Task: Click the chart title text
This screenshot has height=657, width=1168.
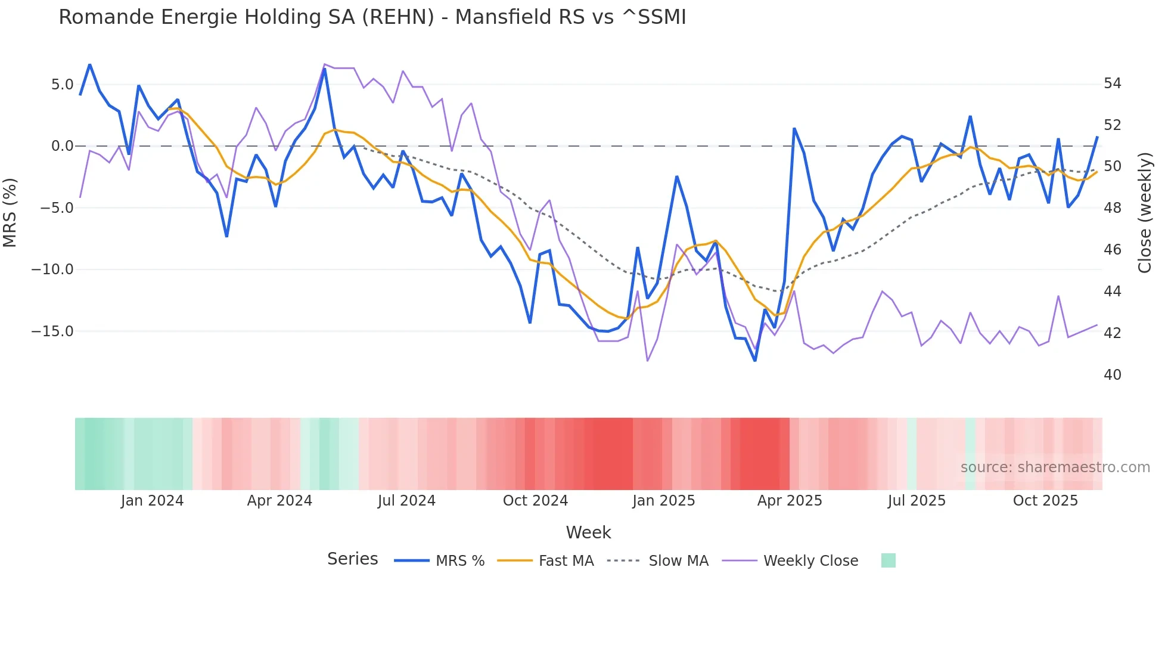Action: [372, 17]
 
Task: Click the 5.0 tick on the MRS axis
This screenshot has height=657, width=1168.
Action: [62, 85]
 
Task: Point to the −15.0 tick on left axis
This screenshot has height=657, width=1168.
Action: [52, 331]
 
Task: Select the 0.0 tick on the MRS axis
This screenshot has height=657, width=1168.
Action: [62, 146]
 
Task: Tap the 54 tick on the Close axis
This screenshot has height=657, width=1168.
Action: [1112, 83]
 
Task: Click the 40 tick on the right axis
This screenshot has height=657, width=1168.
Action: [1112, 375]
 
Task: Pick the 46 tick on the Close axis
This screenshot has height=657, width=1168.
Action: [1112, 250]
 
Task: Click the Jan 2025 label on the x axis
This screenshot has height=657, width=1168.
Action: [663, 501]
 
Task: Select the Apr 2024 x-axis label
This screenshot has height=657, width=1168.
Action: [279, 501]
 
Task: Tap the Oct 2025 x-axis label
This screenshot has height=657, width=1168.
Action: [1045, 501]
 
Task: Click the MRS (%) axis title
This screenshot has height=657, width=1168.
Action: [10, 212]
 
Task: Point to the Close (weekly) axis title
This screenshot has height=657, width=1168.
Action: [1145, 213]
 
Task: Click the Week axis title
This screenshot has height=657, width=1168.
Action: [588, 532]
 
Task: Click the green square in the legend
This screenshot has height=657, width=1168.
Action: [888, 560]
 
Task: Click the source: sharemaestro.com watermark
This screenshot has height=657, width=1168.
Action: [1055, 467]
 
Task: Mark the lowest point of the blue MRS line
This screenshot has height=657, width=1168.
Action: [755, 361]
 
